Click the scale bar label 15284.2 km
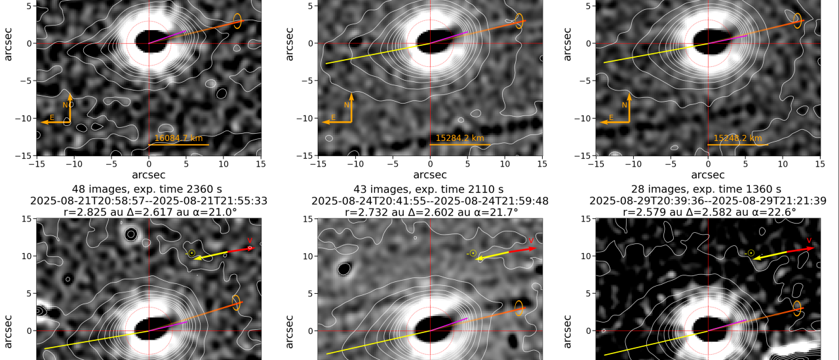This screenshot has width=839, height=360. tap(459, 138)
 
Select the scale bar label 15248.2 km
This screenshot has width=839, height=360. tap(737, 138)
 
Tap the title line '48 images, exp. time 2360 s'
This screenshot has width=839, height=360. tap(149, 189)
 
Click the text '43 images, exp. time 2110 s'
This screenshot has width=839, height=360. tap(430, 189)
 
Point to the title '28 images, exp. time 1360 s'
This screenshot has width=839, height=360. tap(708, 189)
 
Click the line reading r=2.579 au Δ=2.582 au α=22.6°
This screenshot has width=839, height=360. tap(708, 212)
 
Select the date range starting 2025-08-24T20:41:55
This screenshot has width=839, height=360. tap(430, 201)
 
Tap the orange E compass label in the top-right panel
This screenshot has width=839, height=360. tap(611, 118)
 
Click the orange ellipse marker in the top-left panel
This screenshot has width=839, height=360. tap(237, 21)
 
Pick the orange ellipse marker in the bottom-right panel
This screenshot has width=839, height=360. tap(797, 307)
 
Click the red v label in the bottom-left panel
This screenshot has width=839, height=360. tap(250, 241)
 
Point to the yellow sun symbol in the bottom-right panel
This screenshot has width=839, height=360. tap(751, 252)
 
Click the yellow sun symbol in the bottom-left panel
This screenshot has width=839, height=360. tap(191, 252)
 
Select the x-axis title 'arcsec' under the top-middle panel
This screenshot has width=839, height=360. tap(430, 175)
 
